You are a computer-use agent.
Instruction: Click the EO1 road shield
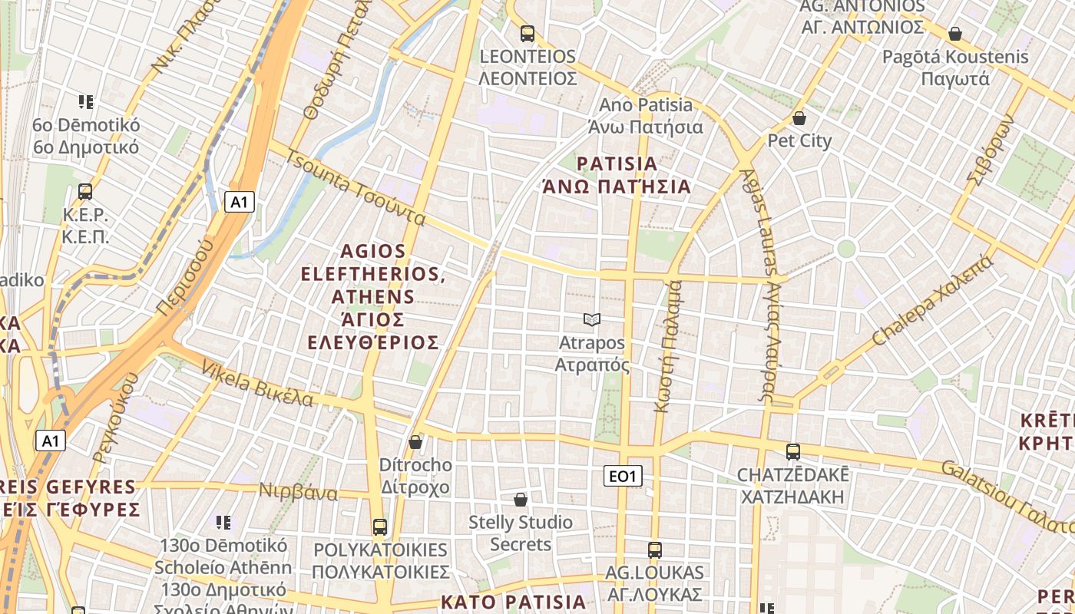(622, 477)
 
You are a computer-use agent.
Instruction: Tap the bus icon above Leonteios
(527, 34)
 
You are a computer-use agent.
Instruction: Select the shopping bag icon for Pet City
(799, 118)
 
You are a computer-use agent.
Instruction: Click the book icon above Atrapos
(591, 319)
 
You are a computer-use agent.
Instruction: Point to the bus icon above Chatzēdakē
(792, 451)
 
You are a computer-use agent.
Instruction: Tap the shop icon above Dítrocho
(415, 442)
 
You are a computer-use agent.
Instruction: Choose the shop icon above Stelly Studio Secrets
(521, 500)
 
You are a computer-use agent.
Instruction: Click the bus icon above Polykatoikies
(379, 527)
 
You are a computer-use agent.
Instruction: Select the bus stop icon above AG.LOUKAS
(654, 550)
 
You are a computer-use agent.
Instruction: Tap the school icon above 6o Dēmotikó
(85, 101)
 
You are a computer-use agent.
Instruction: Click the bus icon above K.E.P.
(84, 192)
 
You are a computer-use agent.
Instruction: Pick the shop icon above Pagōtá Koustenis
(954, 34)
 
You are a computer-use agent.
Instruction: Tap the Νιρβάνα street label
(298, 492)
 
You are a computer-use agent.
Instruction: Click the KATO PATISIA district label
(513, 601)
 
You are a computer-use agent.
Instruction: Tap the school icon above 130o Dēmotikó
(223, 523)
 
